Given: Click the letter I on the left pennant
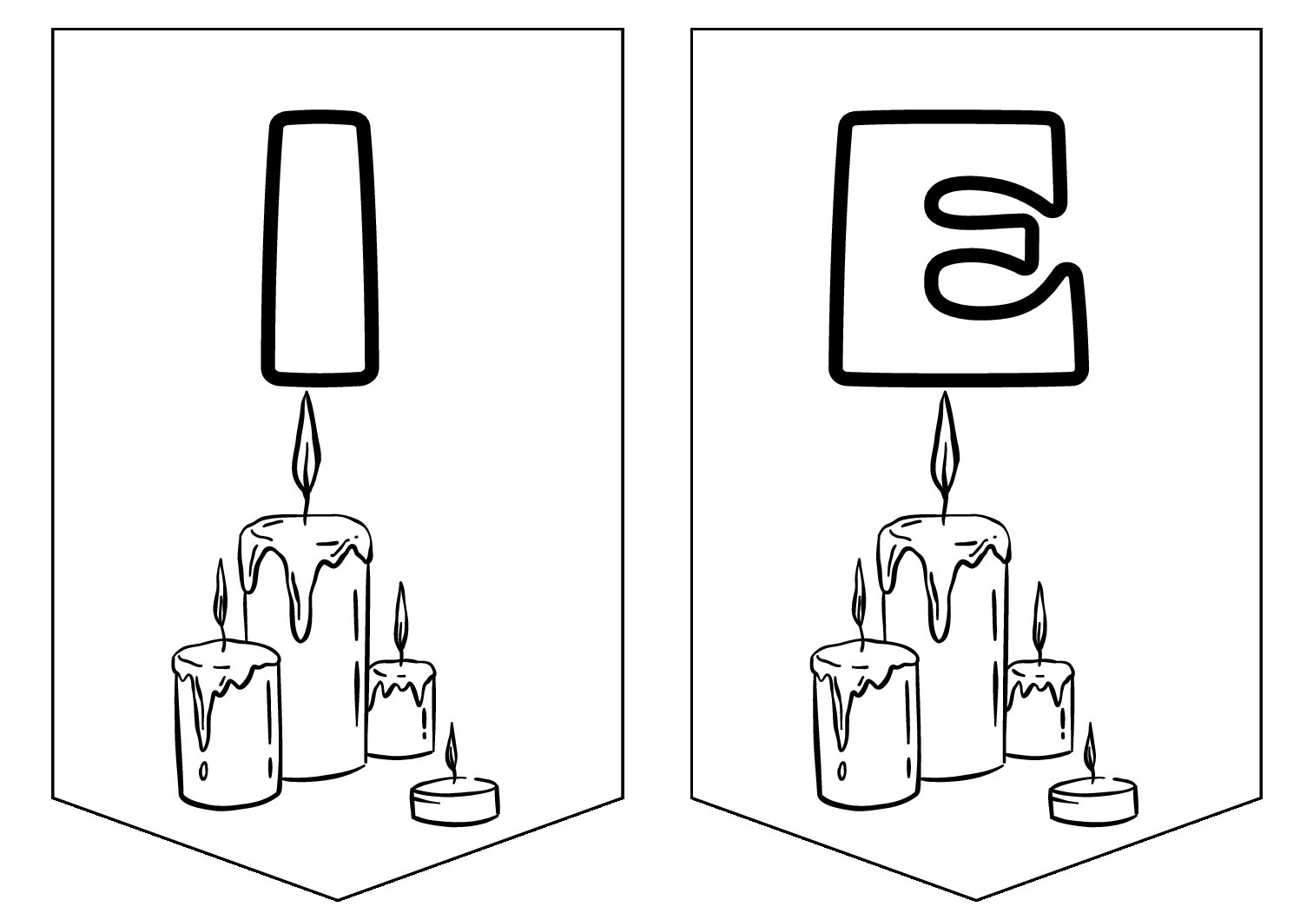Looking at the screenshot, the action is (x=320, y=248).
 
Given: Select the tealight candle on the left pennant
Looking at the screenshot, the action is (x=455, y=802).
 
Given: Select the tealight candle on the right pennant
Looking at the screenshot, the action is (x=1093, y=802).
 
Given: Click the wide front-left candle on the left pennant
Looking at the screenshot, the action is (x=227, y=725).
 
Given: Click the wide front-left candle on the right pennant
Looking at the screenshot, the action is (x=865, y=725).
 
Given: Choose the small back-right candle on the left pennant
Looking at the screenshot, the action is (x=401, y=709).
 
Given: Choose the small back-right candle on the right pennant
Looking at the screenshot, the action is (x=1040, y=709).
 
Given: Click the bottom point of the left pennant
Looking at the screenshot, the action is (x=338, y=900).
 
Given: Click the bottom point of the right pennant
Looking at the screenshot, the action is (x=976, y=900).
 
